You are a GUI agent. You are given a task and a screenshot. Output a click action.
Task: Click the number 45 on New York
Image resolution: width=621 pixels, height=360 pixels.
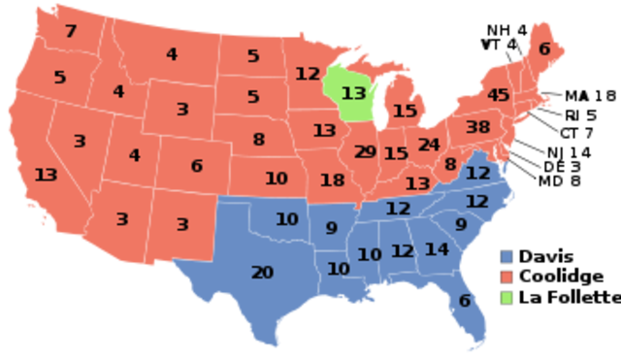[499, 95]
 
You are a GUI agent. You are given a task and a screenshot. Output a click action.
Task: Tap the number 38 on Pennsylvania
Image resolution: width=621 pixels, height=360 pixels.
[477, 127]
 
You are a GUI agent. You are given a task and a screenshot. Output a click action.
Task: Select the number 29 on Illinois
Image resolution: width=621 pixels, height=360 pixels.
[366, 151]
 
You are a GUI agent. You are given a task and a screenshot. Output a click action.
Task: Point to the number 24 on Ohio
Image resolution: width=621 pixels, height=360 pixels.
[429, 145]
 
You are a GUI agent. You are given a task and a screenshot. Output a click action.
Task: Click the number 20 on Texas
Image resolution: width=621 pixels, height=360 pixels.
[262, 273]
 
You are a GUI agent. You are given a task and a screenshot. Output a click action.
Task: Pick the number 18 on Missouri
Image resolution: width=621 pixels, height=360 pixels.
[333, 180]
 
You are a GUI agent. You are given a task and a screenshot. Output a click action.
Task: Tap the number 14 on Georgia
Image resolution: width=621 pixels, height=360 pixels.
[437, 249]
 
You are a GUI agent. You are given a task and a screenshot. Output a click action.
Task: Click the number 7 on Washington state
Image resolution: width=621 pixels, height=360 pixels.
[71, 31]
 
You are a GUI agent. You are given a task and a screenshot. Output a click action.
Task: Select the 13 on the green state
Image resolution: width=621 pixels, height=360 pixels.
[354, 93]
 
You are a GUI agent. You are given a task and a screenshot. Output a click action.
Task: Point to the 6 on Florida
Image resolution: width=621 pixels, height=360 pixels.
[465, 301]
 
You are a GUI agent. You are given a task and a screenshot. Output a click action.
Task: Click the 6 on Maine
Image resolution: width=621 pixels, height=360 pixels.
[544, 49]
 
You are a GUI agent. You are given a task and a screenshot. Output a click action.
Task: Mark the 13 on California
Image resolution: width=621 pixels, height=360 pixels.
[46, 175]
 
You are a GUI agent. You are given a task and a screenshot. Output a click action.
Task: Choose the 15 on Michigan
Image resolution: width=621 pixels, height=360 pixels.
[405, 112]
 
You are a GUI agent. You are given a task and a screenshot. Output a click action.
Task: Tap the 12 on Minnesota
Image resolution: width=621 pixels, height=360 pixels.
[308, 74]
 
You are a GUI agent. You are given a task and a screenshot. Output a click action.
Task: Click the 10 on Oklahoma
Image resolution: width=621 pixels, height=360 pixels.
[286, 219]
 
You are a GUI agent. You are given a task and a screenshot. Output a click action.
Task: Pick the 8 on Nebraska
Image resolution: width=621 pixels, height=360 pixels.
[259, 140]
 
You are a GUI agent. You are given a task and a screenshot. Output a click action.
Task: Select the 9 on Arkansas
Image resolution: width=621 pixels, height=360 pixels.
[332, 229]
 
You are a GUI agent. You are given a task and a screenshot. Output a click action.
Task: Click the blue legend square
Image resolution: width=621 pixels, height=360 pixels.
[506, 256]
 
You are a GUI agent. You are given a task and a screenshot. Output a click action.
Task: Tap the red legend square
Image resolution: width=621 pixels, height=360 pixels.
[506, 278]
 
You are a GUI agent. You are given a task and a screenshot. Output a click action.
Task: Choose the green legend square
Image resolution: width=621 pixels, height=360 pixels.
[506, 298]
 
